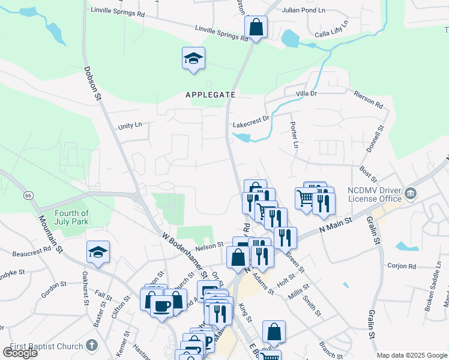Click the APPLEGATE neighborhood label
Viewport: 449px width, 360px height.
[210, 95]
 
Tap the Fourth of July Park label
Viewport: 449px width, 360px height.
[71, 217]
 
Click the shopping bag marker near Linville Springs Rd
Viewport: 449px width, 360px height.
[256, 27]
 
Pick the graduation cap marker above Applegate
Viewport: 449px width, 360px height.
[193, 59]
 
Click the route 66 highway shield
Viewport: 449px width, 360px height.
[28, 196]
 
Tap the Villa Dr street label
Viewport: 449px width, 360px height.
[306, 94]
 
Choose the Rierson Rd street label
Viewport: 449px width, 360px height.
[368, 98]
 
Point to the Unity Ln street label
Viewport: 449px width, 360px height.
[130, 125]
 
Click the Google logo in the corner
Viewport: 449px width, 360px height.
[20, 352]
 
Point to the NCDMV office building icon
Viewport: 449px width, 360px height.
[411, 193]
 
